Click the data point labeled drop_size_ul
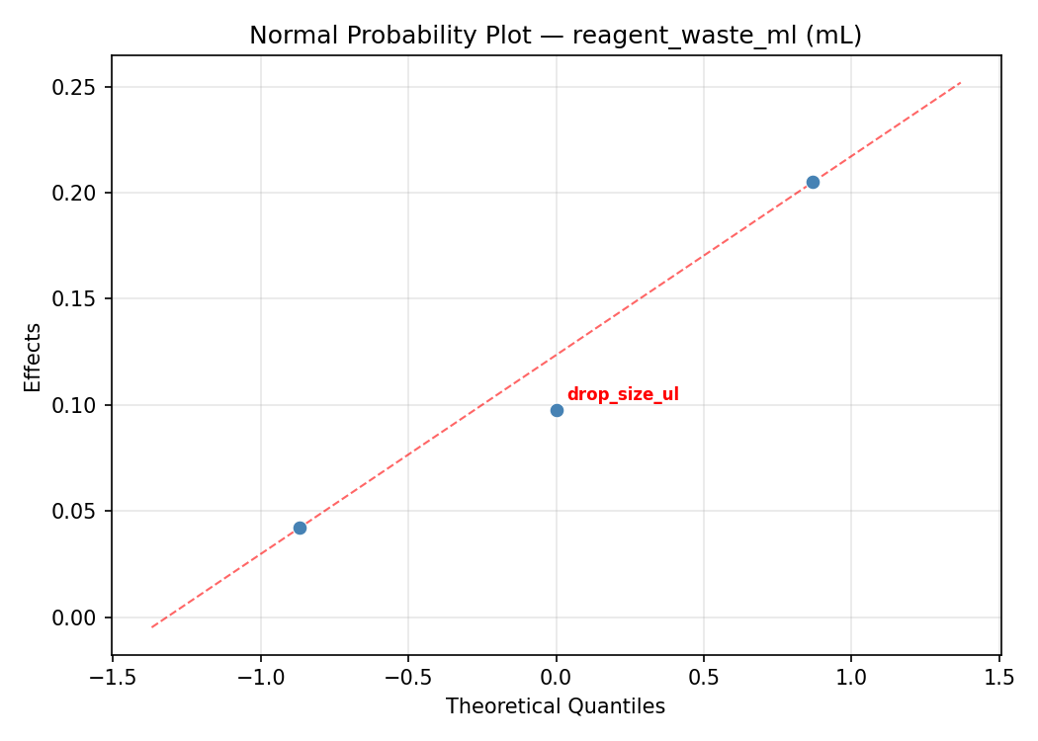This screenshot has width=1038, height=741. point(557,410)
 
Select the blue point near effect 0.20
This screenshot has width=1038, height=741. point(813,182)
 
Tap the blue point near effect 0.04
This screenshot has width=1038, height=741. point(300,528)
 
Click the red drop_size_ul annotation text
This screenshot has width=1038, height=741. point(623,395)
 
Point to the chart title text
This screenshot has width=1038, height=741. point(556,36)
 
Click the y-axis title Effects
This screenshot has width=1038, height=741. point(34,357)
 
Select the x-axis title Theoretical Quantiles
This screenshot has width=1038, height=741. point(556,706)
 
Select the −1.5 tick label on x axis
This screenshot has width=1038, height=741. point(113,677)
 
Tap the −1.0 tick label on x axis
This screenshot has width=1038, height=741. point(260,677)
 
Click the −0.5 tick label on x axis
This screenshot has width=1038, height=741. point(408,677)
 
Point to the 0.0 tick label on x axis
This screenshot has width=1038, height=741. point(557,677)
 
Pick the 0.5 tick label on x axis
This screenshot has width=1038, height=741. point(704,677)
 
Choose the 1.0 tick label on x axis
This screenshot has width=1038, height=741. point(851,677)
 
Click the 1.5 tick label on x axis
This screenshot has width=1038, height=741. point(999,677)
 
